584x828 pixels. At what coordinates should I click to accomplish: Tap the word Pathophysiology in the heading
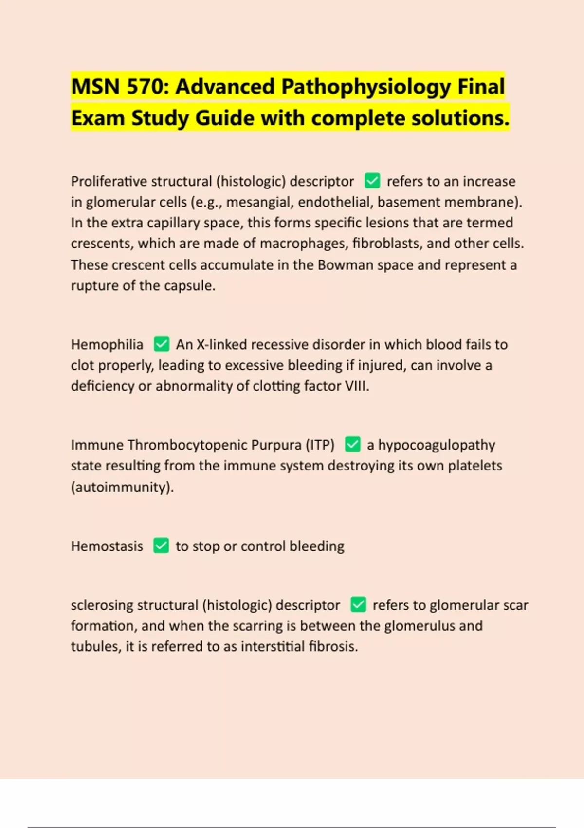(x=366, y=87)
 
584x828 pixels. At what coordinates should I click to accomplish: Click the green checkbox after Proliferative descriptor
(x=372, y=181)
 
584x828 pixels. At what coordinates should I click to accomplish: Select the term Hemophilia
(x=107, y=344)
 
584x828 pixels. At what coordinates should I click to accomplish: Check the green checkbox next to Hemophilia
(x=161, y=344)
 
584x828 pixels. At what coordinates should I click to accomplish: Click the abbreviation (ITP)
(x=320, y=445)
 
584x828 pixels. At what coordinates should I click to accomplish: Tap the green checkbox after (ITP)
(x=352, y=444)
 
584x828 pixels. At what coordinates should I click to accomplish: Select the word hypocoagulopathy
(x=437, y=445)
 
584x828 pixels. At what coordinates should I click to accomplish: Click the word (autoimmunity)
(x=122, y=487)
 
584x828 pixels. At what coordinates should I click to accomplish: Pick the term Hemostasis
(x=107, y=546)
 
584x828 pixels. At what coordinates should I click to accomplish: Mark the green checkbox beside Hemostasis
(x=161, y=546)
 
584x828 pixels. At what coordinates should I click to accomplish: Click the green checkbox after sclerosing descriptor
(x=358, y=604)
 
